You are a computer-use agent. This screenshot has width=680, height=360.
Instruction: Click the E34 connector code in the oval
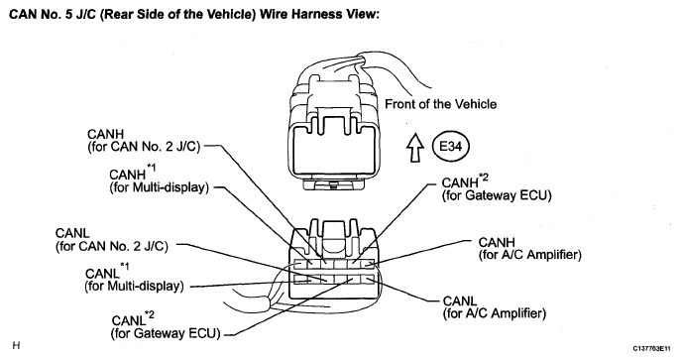[451, 147]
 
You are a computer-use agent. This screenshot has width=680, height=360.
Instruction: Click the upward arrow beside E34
[415, 147]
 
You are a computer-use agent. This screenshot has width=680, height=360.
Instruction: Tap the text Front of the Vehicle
[440, 104]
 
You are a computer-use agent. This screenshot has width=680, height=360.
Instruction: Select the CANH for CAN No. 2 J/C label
[144, 141]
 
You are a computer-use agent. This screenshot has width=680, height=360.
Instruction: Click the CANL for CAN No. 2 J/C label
[111, 240]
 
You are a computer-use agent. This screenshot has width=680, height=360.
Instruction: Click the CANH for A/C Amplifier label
[530, 249]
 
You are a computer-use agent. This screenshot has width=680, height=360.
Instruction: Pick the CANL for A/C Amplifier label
[495, 307]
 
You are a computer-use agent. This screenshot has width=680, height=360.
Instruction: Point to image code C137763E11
[651, 348]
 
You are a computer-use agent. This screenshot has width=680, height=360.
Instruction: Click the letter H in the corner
[16, 346]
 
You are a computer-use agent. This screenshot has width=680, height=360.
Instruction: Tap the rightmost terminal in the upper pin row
[368, 264]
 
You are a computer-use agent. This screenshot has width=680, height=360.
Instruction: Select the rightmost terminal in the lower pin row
[368, 279]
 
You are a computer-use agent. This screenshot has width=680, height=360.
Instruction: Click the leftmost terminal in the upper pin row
[300, 264]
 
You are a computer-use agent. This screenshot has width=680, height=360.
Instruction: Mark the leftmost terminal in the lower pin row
[300, 279]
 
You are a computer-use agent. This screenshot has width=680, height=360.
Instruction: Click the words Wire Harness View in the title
[319, 14]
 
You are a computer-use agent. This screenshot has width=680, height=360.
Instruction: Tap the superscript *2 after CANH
[484, 177]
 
